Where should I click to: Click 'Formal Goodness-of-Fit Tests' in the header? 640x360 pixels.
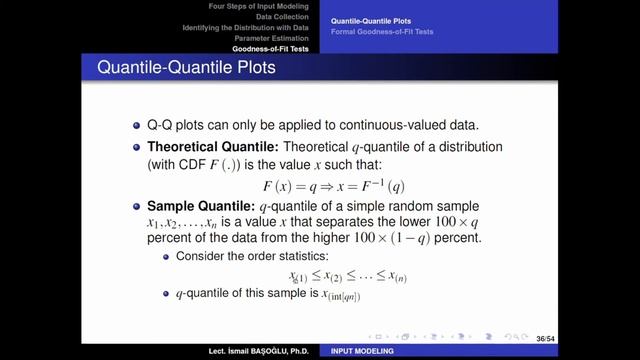[x=384, y=32]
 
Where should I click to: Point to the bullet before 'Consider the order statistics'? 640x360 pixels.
[x=166, y=256]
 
